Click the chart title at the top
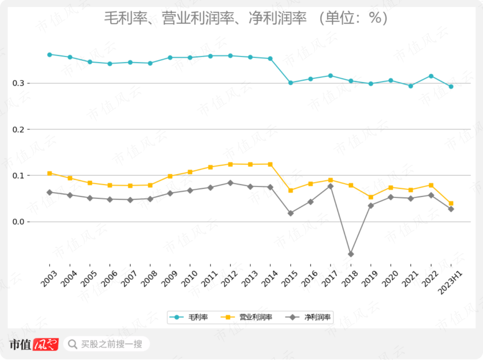pos(246,18)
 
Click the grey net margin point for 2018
pos(351,254)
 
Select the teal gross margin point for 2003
pos(50,55)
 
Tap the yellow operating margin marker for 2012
pos(230,164)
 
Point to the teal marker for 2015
pos(291,83)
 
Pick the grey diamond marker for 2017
pos(330,186)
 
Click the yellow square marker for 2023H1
pos(451,203)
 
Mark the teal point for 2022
pos(431,76)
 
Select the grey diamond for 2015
pos(291,213)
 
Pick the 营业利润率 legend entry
pos(249,318)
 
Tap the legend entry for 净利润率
pos(310,318)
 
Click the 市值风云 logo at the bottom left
pos(34,344)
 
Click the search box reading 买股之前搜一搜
pos(106,344)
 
